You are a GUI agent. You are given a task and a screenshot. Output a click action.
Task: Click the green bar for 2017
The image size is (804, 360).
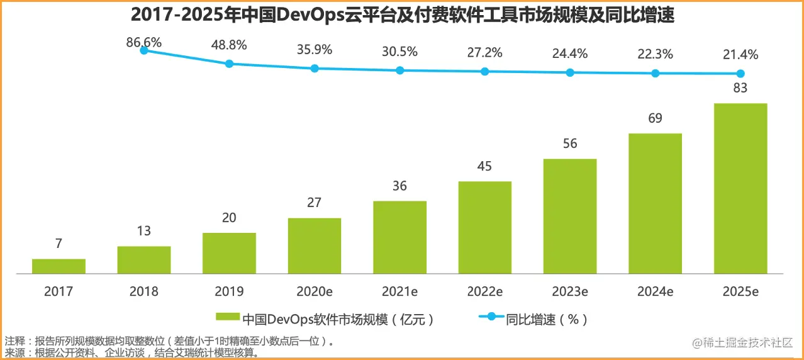coord(59,266)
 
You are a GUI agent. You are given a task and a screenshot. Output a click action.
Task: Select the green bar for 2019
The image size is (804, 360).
coord(229,253)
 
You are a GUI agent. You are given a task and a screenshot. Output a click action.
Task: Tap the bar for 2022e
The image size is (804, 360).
coord(484,227)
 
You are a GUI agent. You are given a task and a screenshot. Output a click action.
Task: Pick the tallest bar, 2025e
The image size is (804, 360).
coord(740,188)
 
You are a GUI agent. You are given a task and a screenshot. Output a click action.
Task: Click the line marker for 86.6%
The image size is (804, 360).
coord(144,50)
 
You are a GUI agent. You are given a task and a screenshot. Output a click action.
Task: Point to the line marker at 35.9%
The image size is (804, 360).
coord(315,68)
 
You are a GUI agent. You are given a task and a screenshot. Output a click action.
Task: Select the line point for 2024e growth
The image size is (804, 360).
coord(655,73)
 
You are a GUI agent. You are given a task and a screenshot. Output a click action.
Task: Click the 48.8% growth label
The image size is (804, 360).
coord(228,45)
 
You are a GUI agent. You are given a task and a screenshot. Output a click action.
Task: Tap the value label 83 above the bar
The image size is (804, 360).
coord(740,88)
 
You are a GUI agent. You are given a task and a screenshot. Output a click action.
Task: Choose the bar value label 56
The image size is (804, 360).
coord(569,143)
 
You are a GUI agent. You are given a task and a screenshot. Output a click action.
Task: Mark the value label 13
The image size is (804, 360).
coord(144,231)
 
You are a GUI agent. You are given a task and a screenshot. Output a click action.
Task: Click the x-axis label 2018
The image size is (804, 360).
coord(144,291)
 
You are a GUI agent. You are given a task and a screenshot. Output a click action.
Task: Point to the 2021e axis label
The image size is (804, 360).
coord(399,291)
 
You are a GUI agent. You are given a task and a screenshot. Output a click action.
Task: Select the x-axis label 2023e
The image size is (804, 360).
coord(569,291)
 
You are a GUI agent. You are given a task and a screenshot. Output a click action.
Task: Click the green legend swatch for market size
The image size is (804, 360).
coord(228,319)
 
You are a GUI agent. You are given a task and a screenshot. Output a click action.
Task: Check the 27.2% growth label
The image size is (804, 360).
coord(484,53)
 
